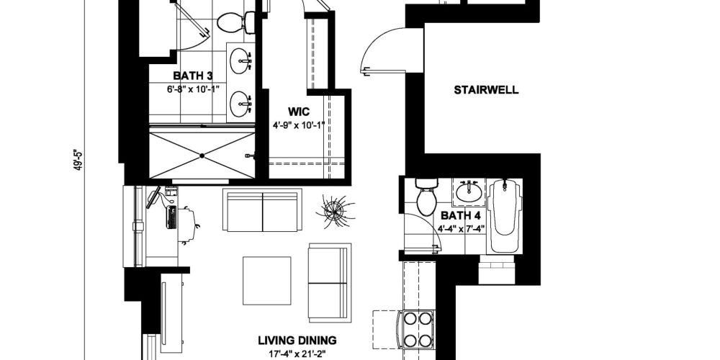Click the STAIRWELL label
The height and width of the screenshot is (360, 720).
486,90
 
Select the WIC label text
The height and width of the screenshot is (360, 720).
299,112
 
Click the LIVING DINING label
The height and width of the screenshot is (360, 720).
297,341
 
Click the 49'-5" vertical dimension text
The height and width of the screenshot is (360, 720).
78,159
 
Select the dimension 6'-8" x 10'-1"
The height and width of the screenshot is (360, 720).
193,89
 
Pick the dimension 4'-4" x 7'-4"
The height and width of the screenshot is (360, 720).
461,228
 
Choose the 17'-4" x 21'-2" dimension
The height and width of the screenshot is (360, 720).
297,354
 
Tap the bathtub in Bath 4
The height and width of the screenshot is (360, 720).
505,215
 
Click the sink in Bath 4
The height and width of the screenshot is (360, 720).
469,192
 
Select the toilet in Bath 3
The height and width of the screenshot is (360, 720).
236,22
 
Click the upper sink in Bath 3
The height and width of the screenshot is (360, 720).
241,61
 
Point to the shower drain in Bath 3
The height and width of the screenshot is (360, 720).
202,156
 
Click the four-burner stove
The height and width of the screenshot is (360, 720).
418,329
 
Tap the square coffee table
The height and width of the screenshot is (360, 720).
267,281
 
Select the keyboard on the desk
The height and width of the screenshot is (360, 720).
172,217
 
